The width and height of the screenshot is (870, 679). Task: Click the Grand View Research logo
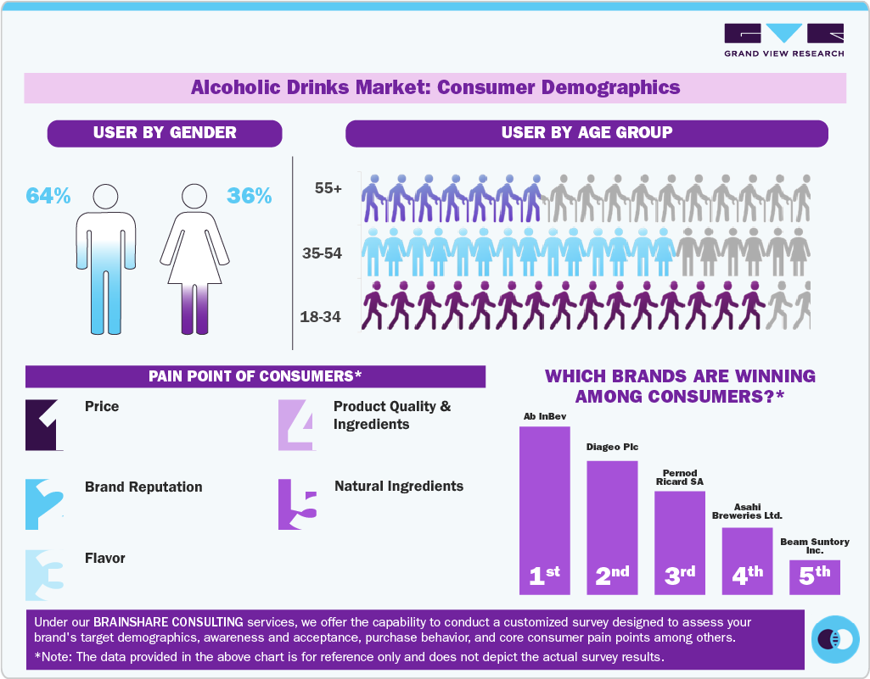click(783, 39)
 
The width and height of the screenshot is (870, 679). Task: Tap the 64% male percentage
click(48, 196)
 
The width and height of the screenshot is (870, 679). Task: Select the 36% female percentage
click(250, 196)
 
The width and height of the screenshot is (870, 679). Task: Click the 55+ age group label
click(328, 189)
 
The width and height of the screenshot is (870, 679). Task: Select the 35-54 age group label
click(323, 253)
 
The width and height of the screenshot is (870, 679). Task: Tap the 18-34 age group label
click(321, 317)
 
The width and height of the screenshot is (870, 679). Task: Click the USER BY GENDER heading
click(165, 133)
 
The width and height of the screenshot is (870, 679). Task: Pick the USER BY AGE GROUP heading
click(587, 133)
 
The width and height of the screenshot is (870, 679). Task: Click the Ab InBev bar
click(544, 509)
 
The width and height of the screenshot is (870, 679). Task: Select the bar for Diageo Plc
click(612, 526)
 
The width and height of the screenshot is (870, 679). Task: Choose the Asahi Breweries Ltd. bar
click(747, 559)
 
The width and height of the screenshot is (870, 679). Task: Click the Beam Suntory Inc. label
click(814, 546)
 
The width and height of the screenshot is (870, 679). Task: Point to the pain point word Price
click(102, 407)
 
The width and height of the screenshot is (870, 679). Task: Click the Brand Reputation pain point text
click(143, 487)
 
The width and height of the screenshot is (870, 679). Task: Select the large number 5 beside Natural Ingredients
click(298, 506)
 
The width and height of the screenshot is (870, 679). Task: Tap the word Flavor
click(105, 559)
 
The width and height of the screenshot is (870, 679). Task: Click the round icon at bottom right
click(836, 638)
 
